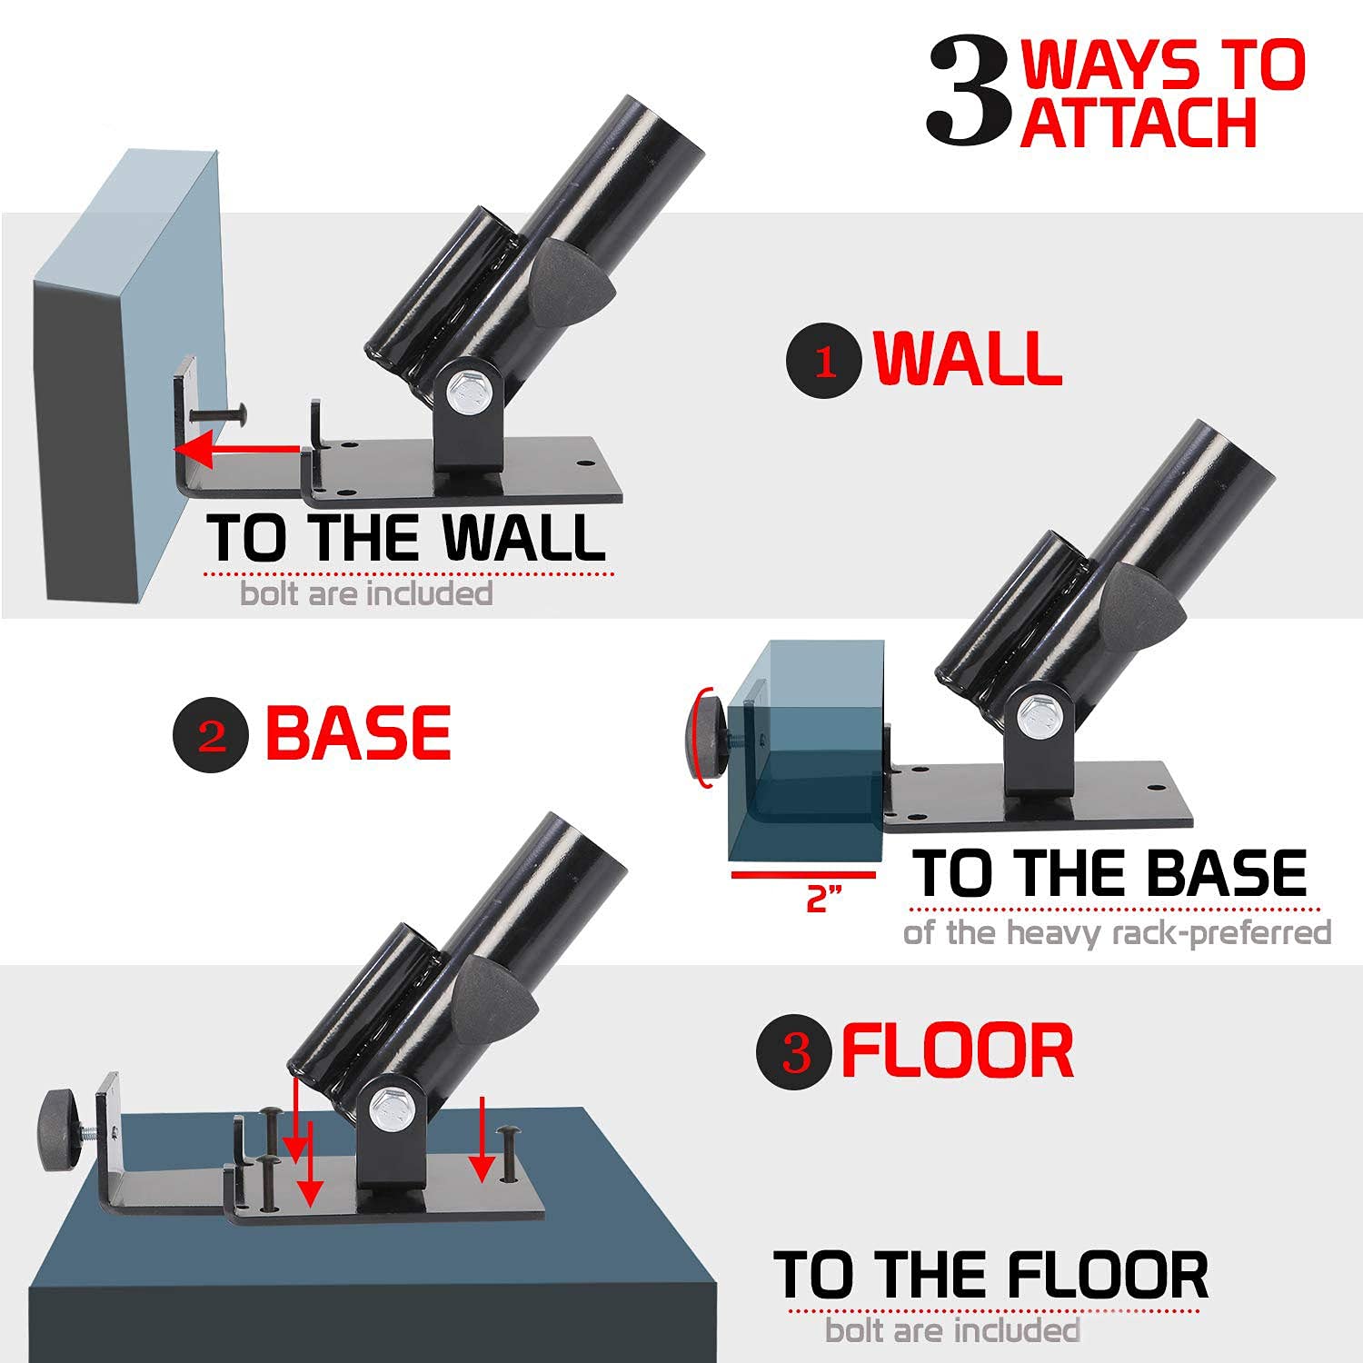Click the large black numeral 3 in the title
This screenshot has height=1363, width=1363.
(969, 91)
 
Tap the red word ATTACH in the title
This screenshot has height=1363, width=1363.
(1138, 124)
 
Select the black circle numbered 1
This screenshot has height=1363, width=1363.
(824, 362)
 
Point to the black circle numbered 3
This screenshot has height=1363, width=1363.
(794, 1051)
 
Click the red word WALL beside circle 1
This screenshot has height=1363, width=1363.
(968, 358)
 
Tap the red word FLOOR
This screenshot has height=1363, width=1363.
(958, 1050)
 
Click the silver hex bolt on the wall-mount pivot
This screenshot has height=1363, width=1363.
(470, 392)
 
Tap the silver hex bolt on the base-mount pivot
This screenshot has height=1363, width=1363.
(1040, 718)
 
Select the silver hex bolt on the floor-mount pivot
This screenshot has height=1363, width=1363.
(392, 1108)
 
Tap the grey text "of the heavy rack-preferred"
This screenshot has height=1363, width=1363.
(1118, 933)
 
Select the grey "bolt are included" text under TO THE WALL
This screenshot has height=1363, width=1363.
(366, 594)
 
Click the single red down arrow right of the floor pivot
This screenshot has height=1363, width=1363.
(483, 1139)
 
